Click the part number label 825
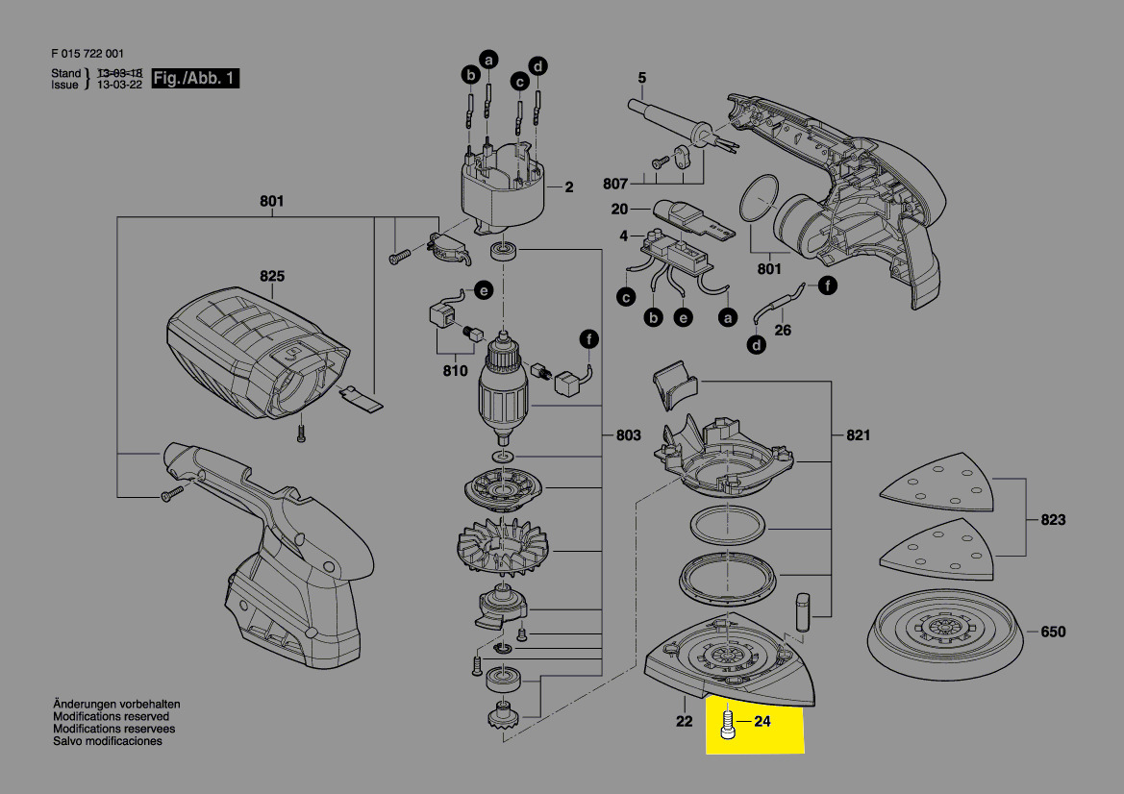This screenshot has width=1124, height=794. pyautogui.click(x=272, y=276)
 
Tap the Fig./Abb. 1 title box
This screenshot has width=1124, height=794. pyautogui.click(x=195, y=78)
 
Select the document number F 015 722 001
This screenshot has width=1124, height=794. pyautogui.click(x=87, y=54)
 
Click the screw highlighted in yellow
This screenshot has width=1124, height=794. pyautogui.click(x=727, y=724)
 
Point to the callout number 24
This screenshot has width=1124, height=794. pyautogui.click(x=762, y=721)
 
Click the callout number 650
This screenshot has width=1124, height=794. pyautogui.click(x=1053, y=633)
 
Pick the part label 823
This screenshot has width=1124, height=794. pyautogui.click(x=1053, y=519)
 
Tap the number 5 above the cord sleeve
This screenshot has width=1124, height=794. pyautogui.click(x=641, y=78)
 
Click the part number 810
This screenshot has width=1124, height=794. pyautogui.click(x=455, y=370)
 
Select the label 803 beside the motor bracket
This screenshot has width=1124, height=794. pyautogui.click(x=629, y=435)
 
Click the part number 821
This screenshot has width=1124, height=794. pyautogui.click(x=858, y=435)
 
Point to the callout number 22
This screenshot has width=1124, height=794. pyautogui.click(x=685, y=721)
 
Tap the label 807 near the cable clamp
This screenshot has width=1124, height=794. pyautogui.click(x=615, y=185)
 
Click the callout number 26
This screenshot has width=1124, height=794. pyautogui.click(x=783, y=331)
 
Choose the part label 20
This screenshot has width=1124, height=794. pyautogui.click(x=619, y=210)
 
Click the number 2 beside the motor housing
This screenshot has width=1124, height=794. pyautogui.click(x=569, y=187)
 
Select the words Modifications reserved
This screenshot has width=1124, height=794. pyautogui.click(x=112, y=716)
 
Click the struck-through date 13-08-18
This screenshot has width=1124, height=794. pyautogui.click(x=120, y=73)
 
